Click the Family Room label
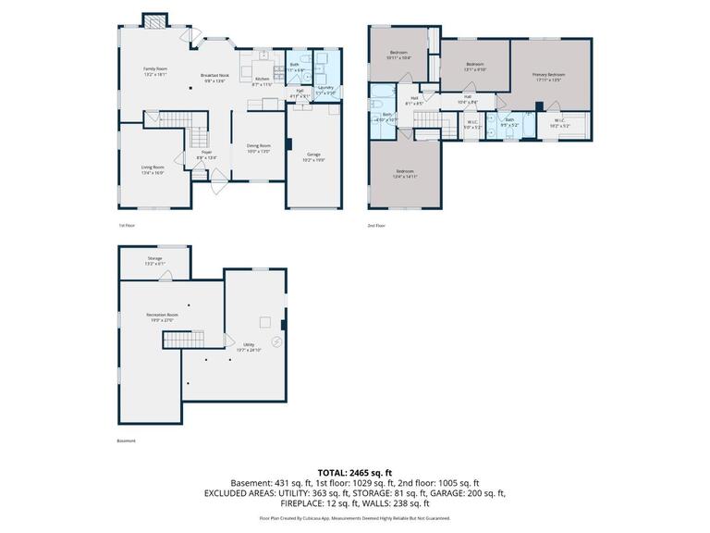(x=155, y=70)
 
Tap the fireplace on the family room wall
(x=155, y=20)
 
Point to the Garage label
(x=313, y=155)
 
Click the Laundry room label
(x=325, y=90)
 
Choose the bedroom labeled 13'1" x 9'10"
(x=474, y=67)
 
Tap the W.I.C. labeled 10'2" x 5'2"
(x=559, y=122)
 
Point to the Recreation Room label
(x=162, y=317)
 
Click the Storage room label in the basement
(x=154, y=260)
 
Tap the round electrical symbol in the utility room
(x=276, y=341)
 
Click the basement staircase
(x=184, y=341)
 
